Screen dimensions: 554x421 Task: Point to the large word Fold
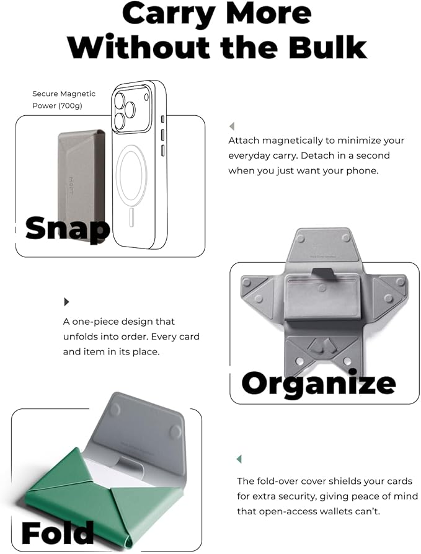click(57, 533)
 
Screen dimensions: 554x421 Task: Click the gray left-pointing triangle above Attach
click(231, 126)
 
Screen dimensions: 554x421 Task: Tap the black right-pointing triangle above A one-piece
click(66, 302)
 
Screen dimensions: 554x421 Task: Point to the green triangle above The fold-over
click(239, 459)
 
